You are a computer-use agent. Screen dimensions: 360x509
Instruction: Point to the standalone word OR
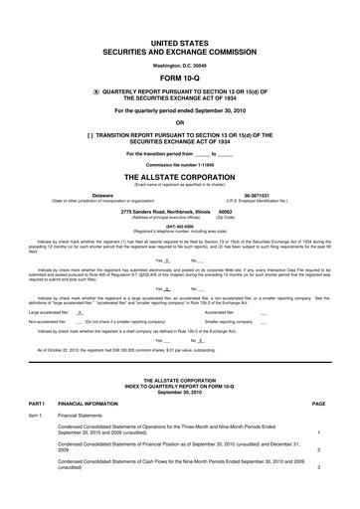180,122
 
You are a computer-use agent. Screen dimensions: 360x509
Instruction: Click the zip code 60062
225,212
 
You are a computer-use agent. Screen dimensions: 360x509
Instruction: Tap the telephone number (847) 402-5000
180,226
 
